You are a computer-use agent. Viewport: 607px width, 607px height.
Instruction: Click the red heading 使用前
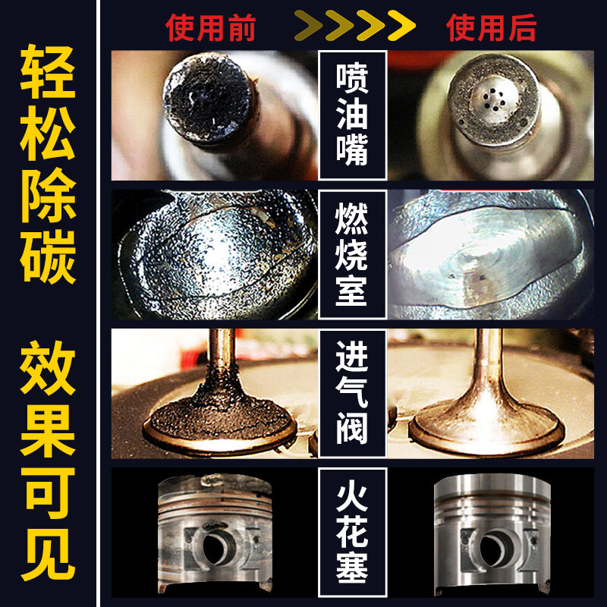[210, 28]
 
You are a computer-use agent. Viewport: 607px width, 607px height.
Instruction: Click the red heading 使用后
[492, 28]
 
